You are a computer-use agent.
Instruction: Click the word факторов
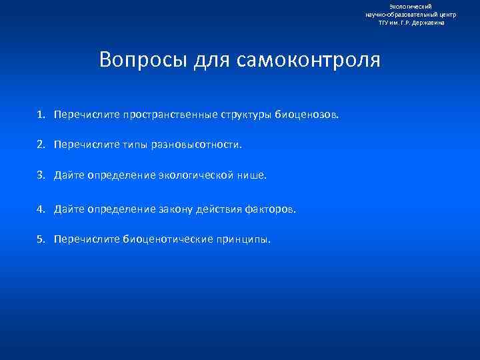point(270,209)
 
